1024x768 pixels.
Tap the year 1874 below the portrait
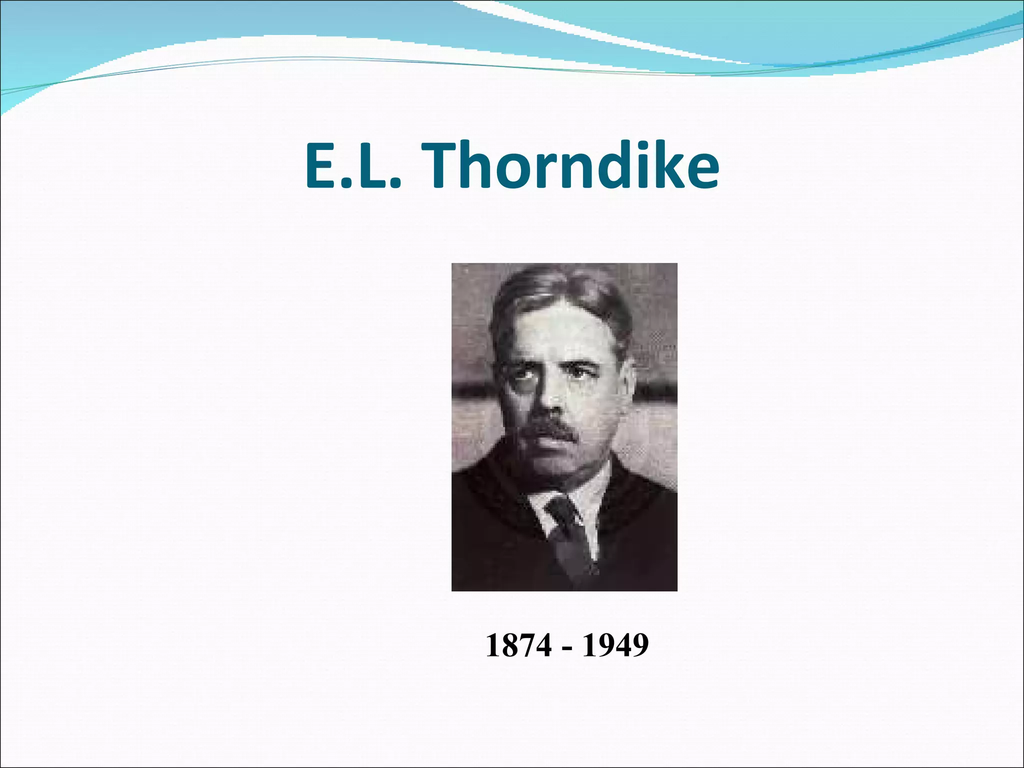(x=518, y=645)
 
